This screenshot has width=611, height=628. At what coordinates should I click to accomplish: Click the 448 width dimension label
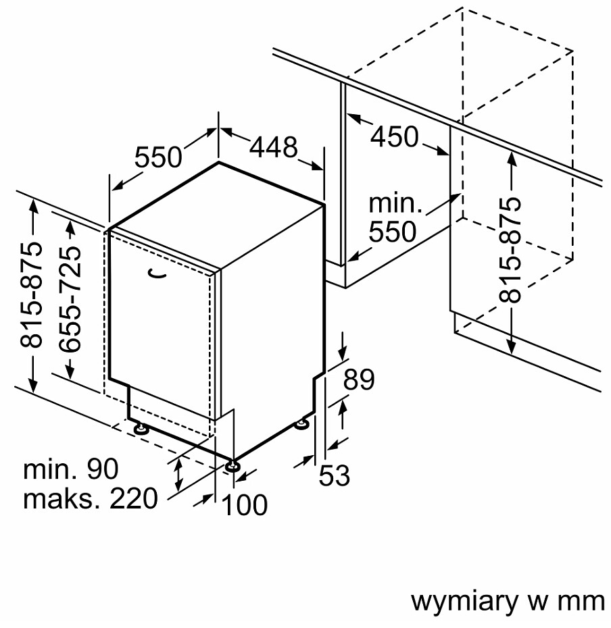pyautogui.click(x=274, y=147)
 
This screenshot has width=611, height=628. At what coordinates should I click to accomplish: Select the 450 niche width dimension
pyautogui.click(x=395, y=136)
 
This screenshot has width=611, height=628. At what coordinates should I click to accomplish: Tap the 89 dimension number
pyautogui.click(x=359, y=380)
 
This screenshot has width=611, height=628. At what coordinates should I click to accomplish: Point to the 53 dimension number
pyautogui.click(x=334, y=475)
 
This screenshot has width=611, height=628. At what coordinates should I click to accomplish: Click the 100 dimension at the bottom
pyautogui.click(x=244, y=504)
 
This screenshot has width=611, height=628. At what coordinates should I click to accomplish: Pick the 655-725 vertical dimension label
pyautogui.click(x=70, y=300)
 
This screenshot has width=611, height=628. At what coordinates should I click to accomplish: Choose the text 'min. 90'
pyautogui.click(x=71, y=469)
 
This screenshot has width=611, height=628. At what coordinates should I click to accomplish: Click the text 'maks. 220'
pyautogui.click(x=91, y=498)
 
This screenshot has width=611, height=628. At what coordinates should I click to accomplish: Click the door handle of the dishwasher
pyautogui.click(x=157, y=273)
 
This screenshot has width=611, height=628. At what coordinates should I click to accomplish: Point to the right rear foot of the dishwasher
pyautogui.click(x=301, y=424)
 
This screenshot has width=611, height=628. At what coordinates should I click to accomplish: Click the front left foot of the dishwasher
pyautogui.click(x=141, y=429)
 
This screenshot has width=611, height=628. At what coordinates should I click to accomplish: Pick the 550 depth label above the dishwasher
pyautogui.click(x=158, y=157)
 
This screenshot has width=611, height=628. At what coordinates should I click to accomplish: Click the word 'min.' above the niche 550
pyautogui.click(x=395, y=203)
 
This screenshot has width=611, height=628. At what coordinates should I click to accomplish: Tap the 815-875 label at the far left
pyautogui.click(x=31, y=295)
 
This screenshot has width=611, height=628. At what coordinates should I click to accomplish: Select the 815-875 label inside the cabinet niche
pyautogui.click(x=510, y=249)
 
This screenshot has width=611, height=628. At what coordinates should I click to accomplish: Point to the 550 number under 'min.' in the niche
pyautogui.click(x=393, y=232)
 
